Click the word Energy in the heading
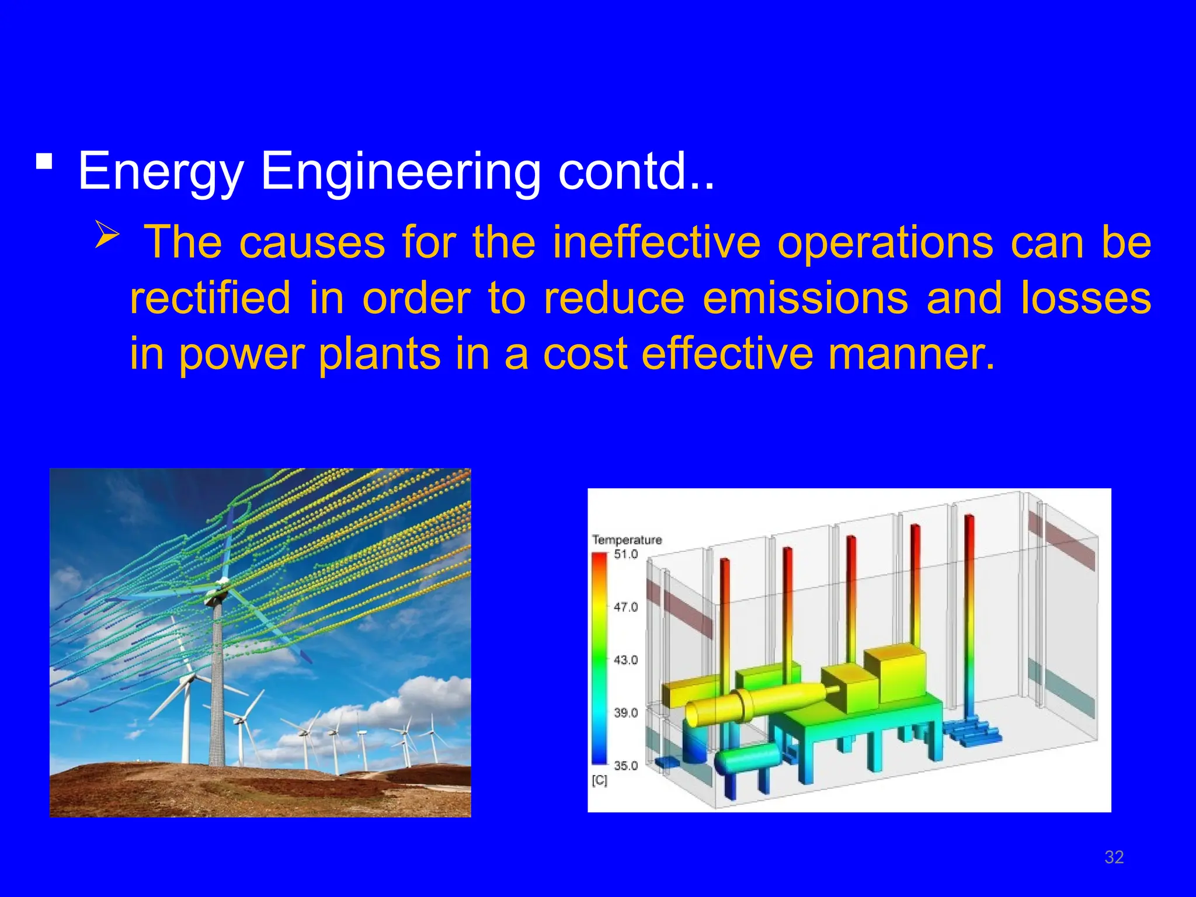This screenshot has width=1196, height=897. click(x=160, y=171)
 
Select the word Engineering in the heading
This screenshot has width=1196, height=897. click(x=400, y=171)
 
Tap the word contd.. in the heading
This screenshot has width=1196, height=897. click(x=636, y=171)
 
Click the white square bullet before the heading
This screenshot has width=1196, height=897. click(x=44, y=161)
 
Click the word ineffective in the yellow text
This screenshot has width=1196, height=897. click(x=656, y=242)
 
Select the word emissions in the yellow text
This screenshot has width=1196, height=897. click(x=805, y=298)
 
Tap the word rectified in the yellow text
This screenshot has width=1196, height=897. click(x=210, y=298)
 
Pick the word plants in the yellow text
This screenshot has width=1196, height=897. click(x=380, y=354)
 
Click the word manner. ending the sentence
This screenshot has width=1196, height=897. click(x=911, y=354)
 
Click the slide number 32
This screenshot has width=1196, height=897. click(x=1114, y=857)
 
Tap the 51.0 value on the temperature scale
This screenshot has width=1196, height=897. click(x=626, y=554)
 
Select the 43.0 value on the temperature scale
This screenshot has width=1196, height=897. click(x=626, y=660)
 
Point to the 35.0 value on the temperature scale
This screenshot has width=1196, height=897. click(x=626, y=766)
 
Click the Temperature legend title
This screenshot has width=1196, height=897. click(x=627, y=540)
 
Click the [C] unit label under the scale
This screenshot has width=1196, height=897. click(x=600, y=780)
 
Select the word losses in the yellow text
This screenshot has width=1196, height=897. click(x=1086, y=298)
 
